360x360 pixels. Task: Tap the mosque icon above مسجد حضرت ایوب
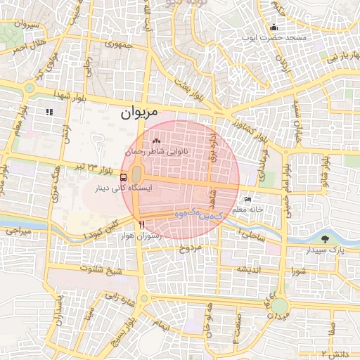273,28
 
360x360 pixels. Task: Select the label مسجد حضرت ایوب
274,37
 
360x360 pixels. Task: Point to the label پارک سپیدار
324,250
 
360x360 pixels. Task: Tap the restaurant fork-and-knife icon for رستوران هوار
142,224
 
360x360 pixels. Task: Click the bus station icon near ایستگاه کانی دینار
124,177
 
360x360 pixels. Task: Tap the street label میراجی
15,230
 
